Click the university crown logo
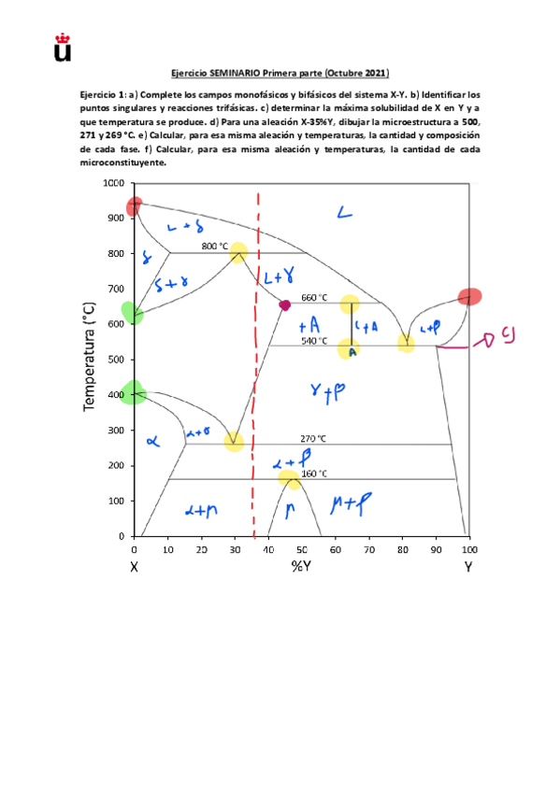(x=63, y=47)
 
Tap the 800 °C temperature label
(x=214, y=246)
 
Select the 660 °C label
(x=314, y=297)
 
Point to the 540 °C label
(x=314, y=340)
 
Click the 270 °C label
(x=313, y=438)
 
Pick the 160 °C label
(x=314, y=473)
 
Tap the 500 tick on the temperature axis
(x=118, y=360)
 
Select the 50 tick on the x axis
(x=302, y=550)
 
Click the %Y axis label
(x=300, y=566)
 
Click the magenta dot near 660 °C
(x=285, y=304)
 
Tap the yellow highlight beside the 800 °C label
(x=238, y=252)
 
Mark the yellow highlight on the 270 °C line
(x=235, y=442)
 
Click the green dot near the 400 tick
(x=133, y=392)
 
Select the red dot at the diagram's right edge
(x=469, y=297)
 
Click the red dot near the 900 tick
(x=135, y=206)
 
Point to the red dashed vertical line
(x=255, y=374)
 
